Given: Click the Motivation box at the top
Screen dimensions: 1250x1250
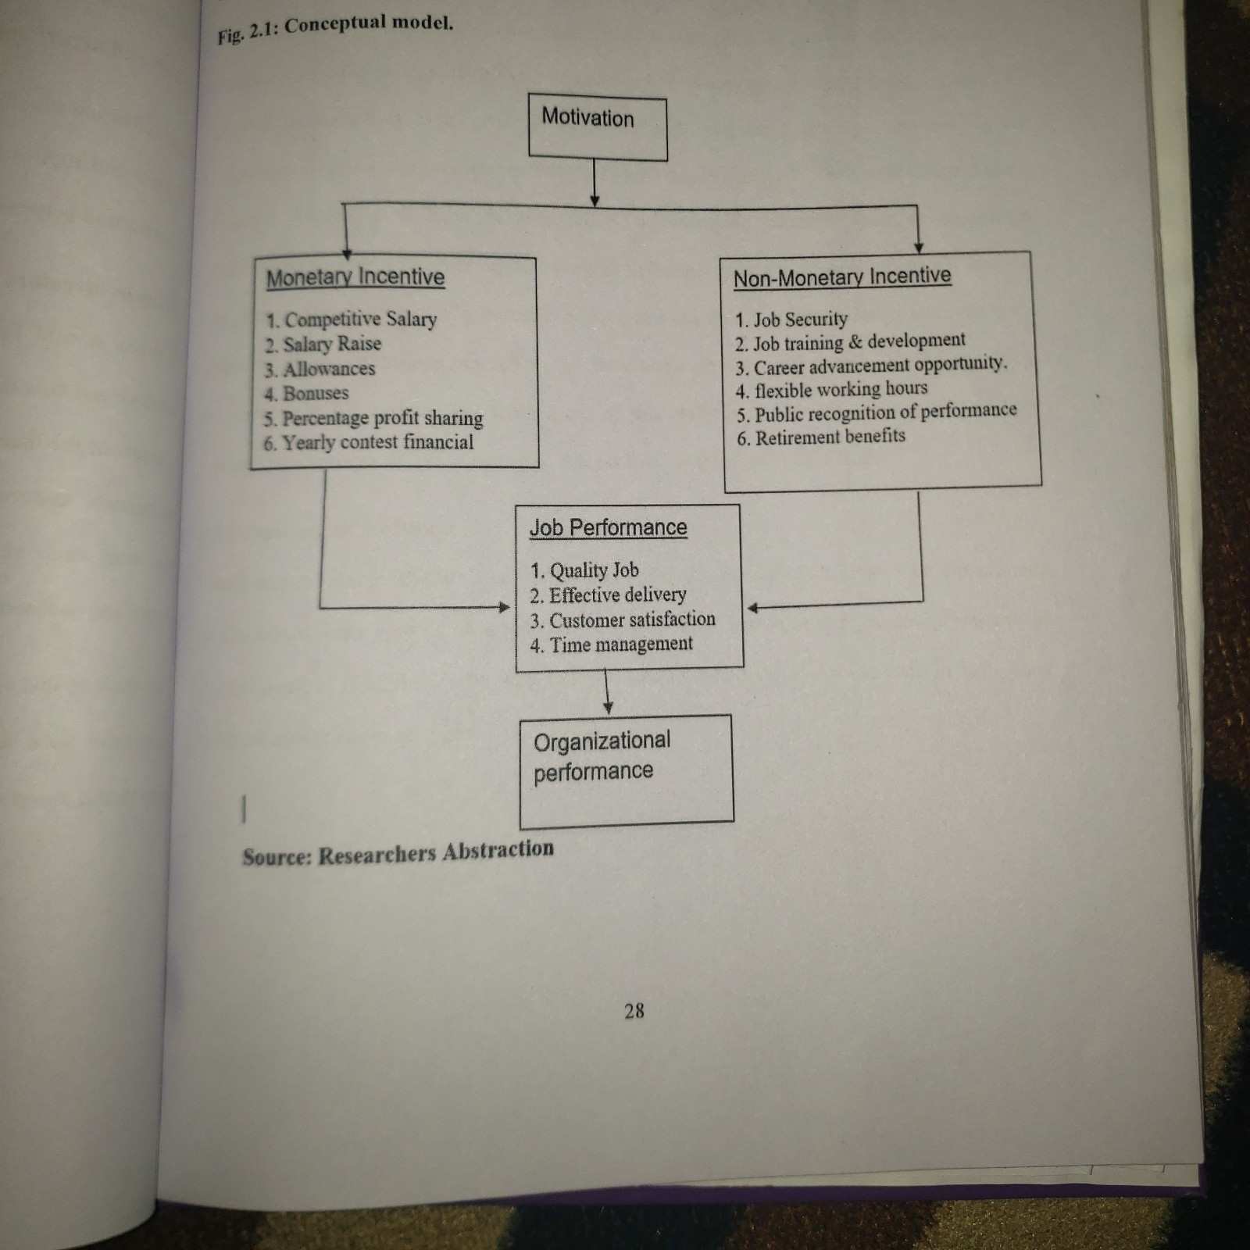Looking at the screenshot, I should pos(598,127).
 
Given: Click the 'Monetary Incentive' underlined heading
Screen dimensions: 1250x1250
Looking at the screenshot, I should pos(355,277).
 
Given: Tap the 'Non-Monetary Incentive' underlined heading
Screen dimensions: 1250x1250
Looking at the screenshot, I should pos(842,277).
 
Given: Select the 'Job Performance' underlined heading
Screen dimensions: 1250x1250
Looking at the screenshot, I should pos(609,527).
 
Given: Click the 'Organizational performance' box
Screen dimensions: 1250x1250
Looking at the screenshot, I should pos(627,770).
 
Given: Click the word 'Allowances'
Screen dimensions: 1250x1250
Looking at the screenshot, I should pos(328,369).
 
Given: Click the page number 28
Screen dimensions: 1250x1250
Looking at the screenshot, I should pos(634,1011).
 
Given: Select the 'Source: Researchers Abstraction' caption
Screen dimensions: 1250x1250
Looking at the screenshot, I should pos(398,852).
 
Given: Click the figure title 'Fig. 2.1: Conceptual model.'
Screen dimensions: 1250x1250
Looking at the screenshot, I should pos(335,29).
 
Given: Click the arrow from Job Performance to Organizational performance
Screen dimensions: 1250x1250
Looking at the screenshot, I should pos(607,691).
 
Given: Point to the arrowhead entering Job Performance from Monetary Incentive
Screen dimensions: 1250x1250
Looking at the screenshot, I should pos(505,607).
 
